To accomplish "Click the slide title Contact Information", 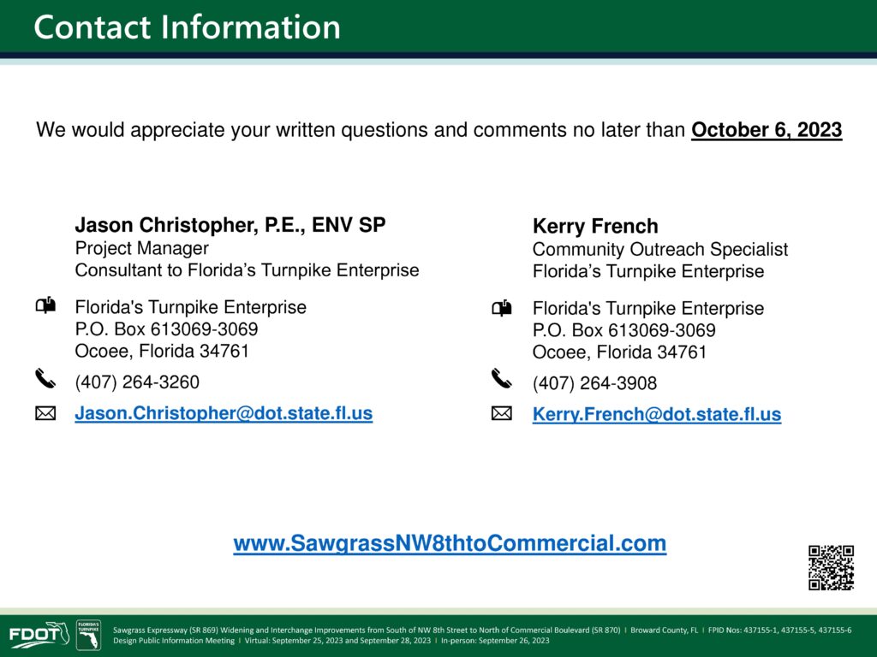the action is [x=187, y=27].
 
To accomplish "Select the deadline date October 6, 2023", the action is [x=767, y=130].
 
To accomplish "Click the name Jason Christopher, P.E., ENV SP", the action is [x=230, y=225].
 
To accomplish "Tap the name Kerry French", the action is [x=595, y=226].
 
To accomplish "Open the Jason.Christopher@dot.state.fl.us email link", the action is [x=224, y=413].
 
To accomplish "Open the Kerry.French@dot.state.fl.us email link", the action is [x=657, y=414].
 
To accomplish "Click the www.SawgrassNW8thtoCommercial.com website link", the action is [x=450, y=543].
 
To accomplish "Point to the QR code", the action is [x=831, y=568].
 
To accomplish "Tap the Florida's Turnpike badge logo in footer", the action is [x=88, y=635].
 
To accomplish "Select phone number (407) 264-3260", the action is [x=137, y=382].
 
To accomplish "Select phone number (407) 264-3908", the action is [x=594, y=383].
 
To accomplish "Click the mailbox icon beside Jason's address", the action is [x=45, y=305].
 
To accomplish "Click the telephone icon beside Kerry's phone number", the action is [x=501, y=379].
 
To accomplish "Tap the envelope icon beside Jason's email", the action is [x=45, y=413].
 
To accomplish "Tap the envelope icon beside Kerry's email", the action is [x=502, y=413].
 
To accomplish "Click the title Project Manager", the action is [x=141, y=248].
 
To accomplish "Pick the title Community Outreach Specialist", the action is [x=660, y=249].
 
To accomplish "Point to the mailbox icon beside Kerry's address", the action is [x=502, y=308].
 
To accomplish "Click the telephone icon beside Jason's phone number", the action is [x=45, y=378].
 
